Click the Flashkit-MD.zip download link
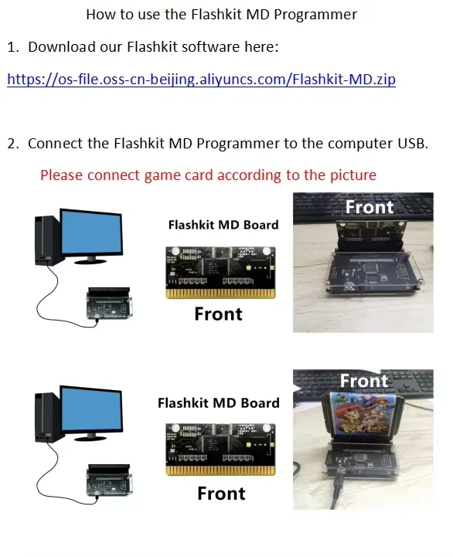click(201, 80)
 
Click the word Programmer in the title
click(315, 15)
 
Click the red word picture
click(353, 175)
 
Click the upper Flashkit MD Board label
click(223, 225)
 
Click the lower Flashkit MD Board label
click(219, 402)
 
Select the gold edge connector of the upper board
click(220, 294)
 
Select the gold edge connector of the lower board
click(220, 470)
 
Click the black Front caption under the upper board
click(218, 314)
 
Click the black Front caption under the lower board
click(221, 494)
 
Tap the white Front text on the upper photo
click(370, 207)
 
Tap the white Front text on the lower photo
click(364, 380)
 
